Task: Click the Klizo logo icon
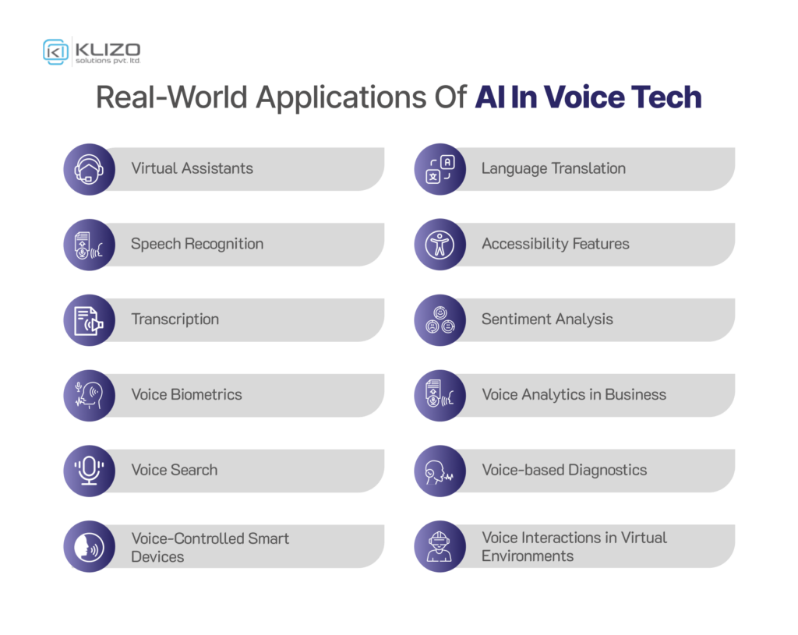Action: coord(56,51)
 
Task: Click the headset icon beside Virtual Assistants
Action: coord(89,169)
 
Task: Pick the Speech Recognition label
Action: coord(197,244)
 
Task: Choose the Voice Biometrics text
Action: coord(186,394)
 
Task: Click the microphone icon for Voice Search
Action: coord(89,471)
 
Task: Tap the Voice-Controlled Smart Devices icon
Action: coord(89,546)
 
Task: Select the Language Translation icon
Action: coord(440,169)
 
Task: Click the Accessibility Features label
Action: coord(555,244)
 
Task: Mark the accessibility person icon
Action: coord(440,245)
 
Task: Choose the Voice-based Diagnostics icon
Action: coord(440,471)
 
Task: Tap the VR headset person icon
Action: coord(440,546)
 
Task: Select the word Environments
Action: coord(528,556)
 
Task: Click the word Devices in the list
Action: coord(157,557)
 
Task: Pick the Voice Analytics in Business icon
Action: coord(440,395)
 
